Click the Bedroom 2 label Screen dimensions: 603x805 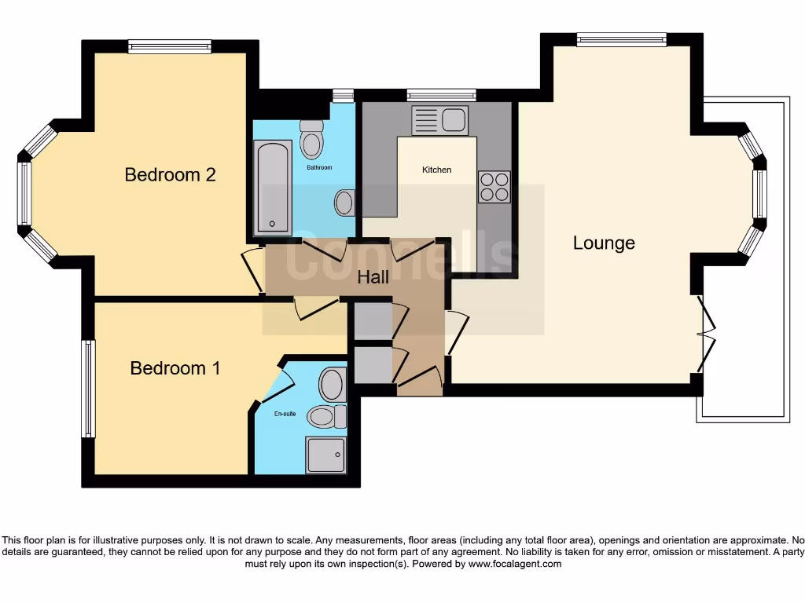click(170, 174)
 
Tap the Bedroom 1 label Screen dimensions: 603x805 click(175, 367)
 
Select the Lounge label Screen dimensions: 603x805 click(604, 243)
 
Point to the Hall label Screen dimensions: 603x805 click(373, 276)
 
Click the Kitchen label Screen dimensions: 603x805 click(437, 170)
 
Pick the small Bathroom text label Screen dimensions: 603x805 click(319, 167)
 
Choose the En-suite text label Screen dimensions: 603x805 click(285, 413)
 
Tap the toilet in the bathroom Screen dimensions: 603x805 click(312, 140)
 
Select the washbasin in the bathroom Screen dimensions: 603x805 click(344, 203)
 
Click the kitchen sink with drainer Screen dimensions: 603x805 click(439, 121)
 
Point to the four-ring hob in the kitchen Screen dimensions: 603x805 click(494, 187)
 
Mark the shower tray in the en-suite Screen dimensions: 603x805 click(326, 455)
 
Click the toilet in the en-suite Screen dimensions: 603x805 click(326, 416)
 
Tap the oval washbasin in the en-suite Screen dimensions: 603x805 click(332, 385)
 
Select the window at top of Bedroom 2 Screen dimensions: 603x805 click(170, 46)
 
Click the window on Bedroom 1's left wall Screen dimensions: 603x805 click(89, 389)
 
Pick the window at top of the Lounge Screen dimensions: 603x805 click(621, 39)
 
